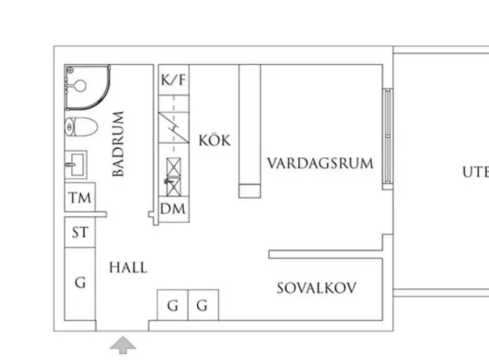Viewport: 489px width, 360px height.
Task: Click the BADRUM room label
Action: tap(118, 144)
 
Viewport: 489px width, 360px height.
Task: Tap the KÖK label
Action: tap(215, 140)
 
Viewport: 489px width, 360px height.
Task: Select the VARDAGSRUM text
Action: tap(320, 164)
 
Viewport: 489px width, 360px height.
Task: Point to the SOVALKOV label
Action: tap(317, 288)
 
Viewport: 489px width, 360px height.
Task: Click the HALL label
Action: tap(128, 268)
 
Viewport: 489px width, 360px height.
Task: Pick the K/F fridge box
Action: tap(174, 80)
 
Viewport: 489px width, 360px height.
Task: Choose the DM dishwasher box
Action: tap(174, 209)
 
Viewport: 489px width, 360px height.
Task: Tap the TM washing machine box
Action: tap(80, 197)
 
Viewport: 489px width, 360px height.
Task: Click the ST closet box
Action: tap(80, 232)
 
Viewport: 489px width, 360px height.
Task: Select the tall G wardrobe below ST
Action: tap(80, 284)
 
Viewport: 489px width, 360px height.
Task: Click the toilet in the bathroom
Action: tap(81, 127)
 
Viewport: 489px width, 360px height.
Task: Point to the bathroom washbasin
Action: tap(75, 164)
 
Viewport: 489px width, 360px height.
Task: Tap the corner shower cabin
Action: tap(88, 87)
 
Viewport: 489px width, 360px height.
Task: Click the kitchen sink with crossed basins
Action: tap(174, 177)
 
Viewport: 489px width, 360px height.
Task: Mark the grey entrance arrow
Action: tap(123, 345)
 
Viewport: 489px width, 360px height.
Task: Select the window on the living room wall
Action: tap(387, 136)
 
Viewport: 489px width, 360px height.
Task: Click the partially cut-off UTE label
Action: tap(476, 172)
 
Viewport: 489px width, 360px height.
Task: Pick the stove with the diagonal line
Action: tap(174, 128)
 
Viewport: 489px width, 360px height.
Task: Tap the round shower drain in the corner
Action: tap(70, 70)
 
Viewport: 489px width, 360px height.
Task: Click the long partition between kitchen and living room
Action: tap(250, 131)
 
